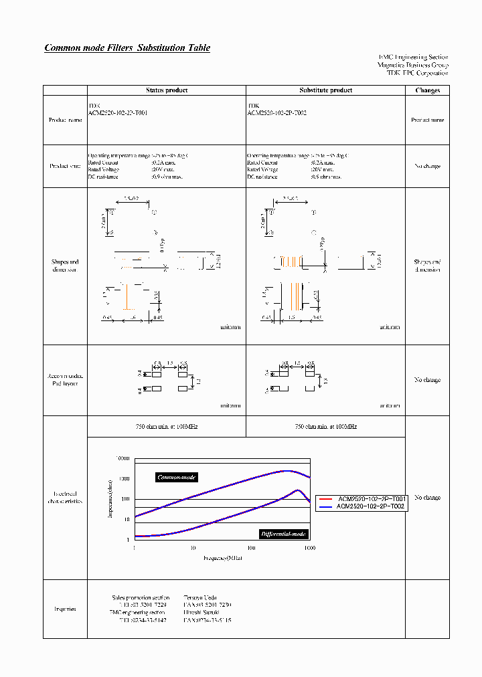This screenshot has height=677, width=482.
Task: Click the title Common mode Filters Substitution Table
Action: [127, 48]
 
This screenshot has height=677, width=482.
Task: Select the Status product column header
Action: [167, 90]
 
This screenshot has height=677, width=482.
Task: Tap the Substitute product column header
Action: [325, 90]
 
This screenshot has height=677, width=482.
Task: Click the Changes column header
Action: [427, 90]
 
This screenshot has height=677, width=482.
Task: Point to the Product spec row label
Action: [66, 166]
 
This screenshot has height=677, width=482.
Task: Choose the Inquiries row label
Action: [65, 609]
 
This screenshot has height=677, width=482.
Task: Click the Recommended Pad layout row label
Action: [66, 380]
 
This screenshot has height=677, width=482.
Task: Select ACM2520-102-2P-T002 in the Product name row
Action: [276, 114]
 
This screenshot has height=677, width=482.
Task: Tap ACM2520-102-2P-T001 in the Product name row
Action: [118, 114]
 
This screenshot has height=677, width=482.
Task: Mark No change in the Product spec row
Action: [427, 166]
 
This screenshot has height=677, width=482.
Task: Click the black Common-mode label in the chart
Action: [176, 477]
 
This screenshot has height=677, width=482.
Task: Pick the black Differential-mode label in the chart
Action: [283, 533]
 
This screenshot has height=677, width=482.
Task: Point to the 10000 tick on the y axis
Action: [122, 459]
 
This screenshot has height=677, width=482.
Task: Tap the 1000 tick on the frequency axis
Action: [309, 548]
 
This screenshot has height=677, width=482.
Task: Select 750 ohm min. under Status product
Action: [167, 426]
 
